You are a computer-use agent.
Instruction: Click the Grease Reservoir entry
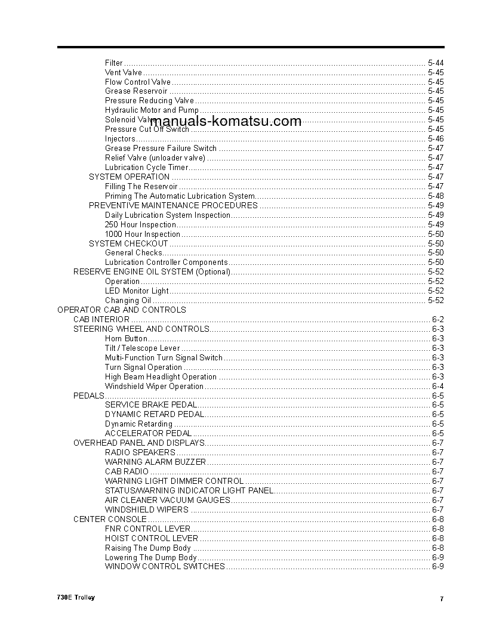pyautogui.click(x=136, y=91)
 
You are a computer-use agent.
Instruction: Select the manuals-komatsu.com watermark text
pyautogui.click(x=226, y=122)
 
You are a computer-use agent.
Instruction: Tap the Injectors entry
pyautogui.click(x=120, y=139)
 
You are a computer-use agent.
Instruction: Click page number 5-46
pyautogui.click(x=436, y=139)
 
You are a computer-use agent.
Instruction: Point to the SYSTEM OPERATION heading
pyautogui.click(x=129, y=177)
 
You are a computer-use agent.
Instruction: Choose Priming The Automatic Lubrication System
pyautogui.click(x=180, y=196)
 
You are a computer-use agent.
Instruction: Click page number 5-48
pyautogui.click(x=436, y=196)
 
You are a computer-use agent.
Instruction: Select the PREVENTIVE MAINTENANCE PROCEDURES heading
pyautogui.click(x=173, y=206)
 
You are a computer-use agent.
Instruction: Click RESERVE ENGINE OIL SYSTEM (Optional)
pyautogui.click(x=152, y=272)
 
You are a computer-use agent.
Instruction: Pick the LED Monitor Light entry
pyautogui.click(x=137, y=291)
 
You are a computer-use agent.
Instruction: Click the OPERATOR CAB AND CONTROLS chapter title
pyautogui.click(x=121, y=310)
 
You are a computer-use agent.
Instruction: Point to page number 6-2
pyautogui.click(x=437, y=320)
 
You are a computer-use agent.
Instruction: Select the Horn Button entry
pyautogui.click(x=126, y=339)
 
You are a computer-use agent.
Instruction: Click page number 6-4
pyautogui.click(x=437, y=387)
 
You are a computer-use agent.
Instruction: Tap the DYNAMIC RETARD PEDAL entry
pyautogui.click(x=155, y=414)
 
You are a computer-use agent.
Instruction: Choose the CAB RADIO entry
pyautogui.click(x=127, y=471)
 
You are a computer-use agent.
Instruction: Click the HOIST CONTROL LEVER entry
pyautogui.click(x=152, y=538)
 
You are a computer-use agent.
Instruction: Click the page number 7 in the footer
pyautogui.click(x=441, y=599)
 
